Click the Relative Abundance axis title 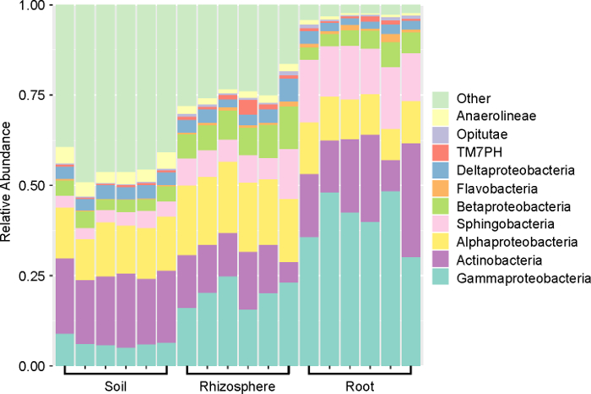pos(8,185)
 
